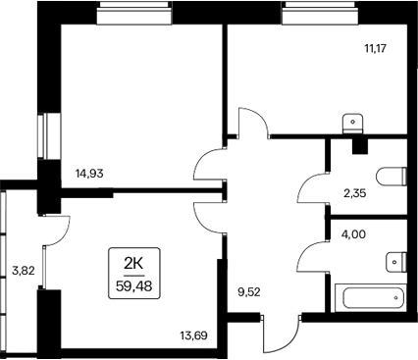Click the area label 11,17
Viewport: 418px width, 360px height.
(374, 46)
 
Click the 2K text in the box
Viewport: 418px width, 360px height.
(134, 261)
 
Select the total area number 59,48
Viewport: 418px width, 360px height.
(134, 285)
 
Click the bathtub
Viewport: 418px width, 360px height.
(370, 296)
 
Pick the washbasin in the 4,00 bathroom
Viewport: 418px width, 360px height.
(394, 260)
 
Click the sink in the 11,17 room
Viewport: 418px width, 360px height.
(353, 123)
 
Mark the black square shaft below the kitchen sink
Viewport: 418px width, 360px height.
(359, 145)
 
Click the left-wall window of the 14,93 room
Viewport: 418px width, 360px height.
(42, 135)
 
